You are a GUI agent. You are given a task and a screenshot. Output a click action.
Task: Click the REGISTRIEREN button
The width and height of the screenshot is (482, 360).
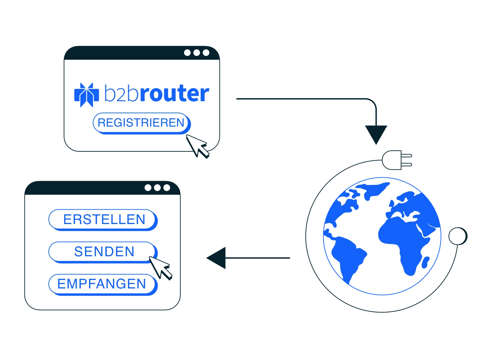click(x=142, y=123)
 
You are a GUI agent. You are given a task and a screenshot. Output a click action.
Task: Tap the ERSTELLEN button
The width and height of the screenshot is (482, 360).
click(x=103, y=220)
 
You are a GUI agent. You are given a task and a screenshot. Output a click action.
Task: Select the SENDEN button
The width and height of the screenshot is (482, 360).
click(x=103, y=252)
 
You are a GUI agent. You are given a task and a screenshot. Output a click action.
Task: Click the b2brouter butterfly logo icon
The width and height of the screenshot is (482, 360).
click(x=86, y=95)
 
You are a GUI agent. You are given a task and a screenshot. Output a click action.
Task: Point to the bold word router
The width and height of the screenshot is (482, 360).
click(x=174, y=94)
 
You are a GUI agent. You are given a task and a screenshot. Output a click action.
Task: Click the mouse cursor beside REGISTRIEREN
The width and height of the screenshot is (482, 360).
click(x=197, y=146)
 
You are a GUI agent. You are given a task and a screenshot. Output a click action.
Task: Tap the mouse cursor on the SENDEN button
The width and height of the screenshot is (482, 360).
click(x=160, y=268)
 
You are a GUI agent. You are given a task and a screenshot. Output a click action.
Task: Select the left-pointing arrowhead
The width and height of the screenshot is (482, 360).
click(x=216, y=258)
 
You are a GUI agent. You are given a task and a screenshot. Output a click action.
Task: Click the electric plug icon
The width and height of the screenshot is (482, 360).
click(x=397, y=160)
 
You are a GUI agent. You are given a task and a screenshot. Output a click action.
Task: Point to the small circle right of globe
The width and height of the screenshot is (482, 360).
click(x=458, y=236)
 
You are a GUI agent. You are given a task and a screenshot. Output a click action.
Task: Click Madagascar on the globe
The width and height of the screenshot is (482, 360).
click(x=426, y=262)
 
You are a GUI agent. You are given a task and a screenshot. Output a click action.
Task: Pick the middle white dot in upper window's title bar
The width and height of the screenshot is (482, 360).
click(x=197, y=53)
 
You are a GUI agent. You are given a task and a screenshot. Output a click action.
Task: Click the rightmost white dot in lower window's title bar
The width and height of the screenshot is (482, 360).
click(x=167, y=188)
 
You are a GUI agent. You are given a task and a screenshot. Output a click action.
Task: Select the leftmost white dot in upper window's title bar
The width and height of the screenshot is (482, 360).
click(x=187, y=53)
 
